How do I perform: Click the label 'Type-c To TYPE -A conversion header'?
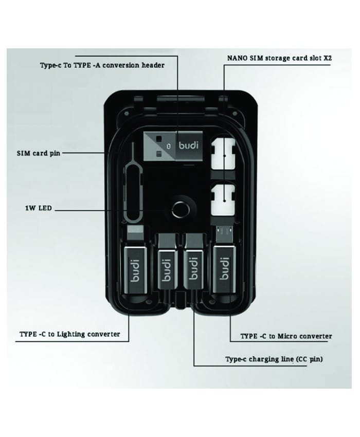click(x=102, y=65)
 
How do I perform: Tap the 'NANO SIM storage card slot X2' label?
click(x=279, y=59)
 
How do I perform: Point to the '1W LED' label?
click(x=37, y=209)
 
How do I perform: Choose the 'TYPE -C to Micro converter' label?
click(x=286, y=336)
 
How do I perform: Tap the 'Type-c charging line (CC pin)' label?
click(x=274, y=359)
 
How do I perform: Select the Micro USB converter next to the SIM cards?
click(x=225, y=265)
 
